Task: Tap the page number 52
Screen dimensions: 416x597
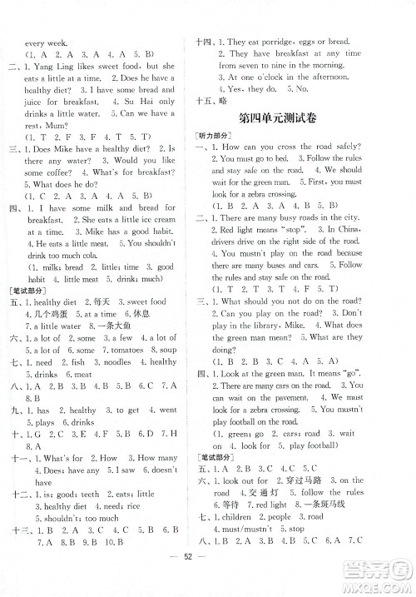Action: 208,580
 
